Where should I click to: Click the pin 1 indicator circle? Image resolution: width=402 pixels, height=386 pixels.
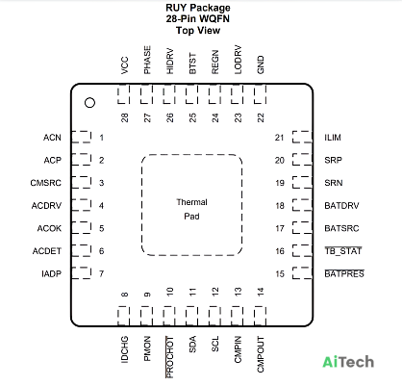pyautogui.click(x=89, y=103)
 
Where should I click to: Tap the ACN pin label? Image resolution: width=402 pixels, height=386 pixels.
pyautogui.click(x=52, y=138)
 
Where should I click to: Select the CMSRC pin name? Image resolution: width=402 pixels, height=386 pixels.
pyautogui.click(x=45, y=183)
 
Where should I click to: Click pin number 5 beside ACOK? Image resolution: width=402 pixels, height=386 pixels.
pyautogui.click(x=102, y=228)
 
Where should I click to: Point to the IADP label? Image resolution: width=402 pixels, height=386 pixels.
pyautogui.click(x=51, y=274)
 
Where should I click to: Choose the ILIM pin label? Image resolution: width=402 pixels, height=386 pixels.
pyautogui.click(x=333, y=138)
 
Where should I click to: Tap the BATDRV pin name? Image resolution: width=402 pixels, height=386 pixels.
pyautogui.click(x=341, y=206)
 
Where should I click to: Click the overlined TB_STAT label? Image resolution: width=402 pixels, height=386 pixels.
pyautogui.click(x=343, y=251)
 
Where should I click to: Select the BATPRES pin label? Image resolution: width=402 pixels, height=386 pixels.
pyautogui.click(x=344, y=273)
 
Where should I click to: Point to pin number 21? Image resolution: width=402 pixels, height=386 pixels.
pyautogui.click(x=279, y=138)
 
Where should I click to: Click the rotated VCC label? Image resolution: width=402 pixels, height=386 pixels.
pyautogui.click(x=125, y=65)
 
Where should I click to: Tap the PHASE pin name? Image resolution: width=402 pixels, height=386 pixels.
pyautogui.click(x=147, y=60)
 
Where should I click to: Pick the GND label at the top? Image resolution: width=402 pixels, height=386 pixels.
pyautogui.click(x=261, y=64)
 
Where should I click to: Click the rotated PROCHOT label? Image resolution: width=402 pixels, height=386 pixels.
pyautogui.click(x=169, y=357)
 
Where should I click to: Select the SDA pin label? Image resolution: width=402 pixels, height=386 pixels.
pyautogui.click(x=192, y=345)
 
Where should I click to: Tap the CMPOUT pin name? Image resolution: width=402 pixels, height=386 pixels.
pyautogui.click(x=261, y=354)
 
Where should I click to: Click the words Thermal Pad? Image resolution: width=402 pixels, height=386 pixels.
pyautogui.click(x=191, y=209)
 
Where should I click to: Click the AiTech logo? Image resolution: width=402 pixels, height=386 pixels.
pyautogui.click(x=348, y=362)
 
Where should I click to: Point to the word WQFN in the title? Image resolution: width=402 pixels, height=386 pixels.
pyautogui.click(x=214, y=18)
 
